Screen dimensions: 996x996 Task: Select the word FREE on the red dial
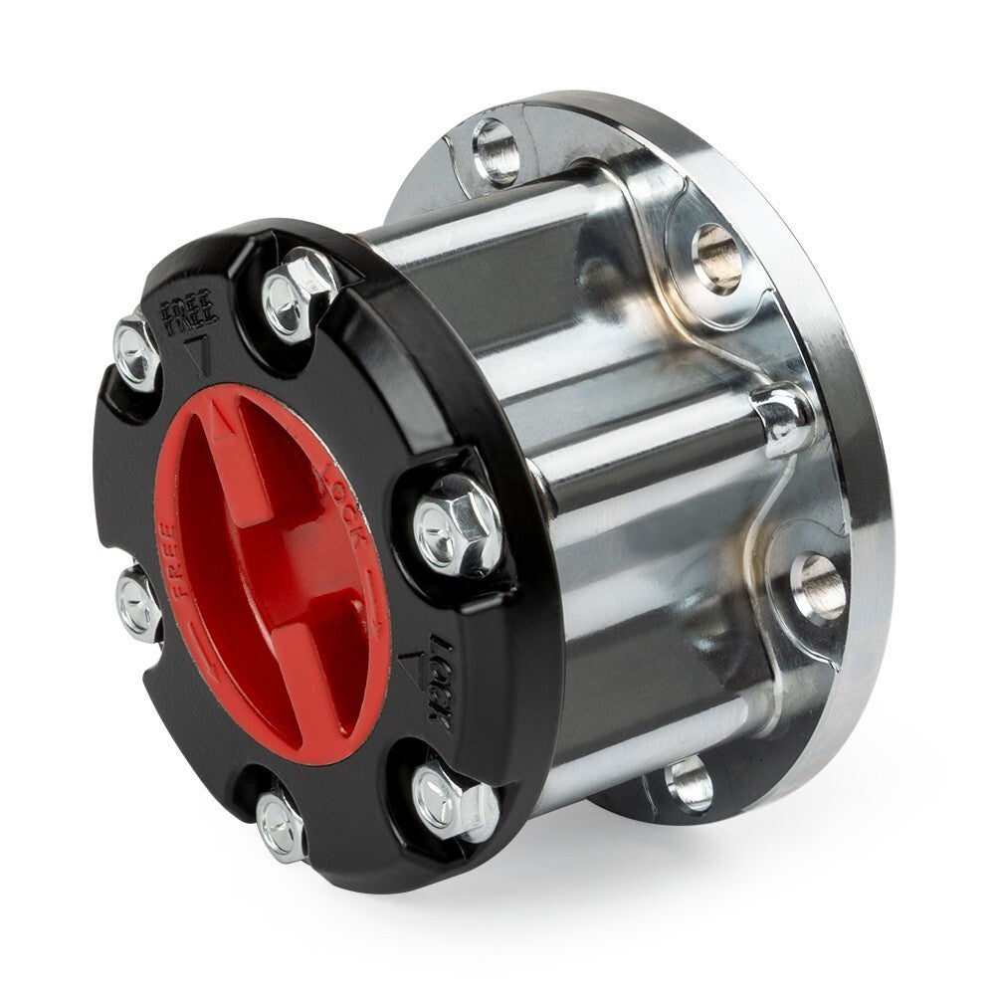[x=179, y=558]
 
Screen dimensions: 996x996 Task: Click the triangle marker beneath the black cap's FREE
[x=198, y=352]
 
